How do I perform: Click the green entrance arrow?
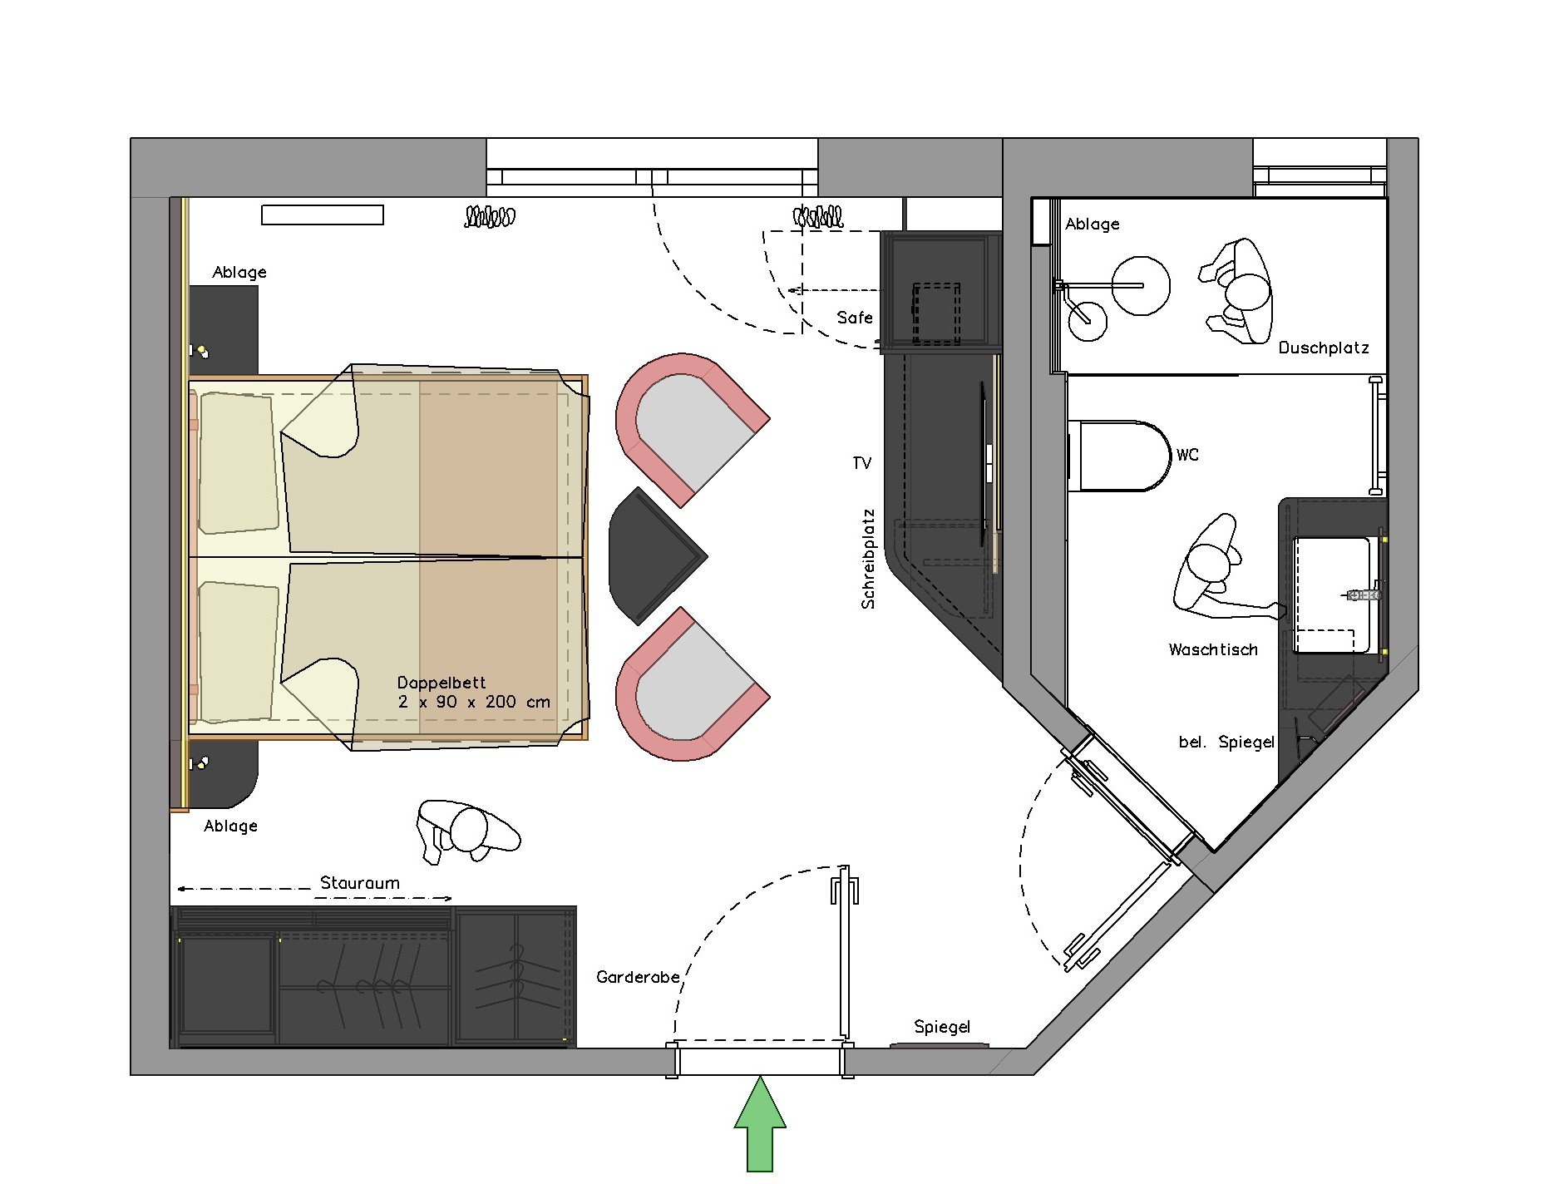pyautogui.click(x=760, y=1123)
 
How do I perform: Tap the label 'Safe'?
pyautogui.click(x=855, y=318)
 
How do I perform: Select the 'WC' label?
pyautogui.click(x=1187, y=455)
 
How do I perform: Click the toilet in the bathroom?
pyautogui.click(x=1119, y=456)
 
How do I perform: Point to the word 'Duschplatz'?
pyautogui.click(x=1324, y=348)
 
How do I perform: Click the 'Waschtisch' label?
pyautogui.click(x=1213, y=649)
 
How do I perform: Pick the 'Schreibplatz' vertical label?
pyautogui.click(x=868, y=559)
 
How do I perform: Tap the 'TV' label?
pyautogui.click(x=862, y=463)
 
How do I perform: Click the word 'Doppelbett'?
pyautogui.click(x=442, y=683)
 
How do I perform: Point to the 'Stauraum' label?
pyautogui.click(x=360, y=883)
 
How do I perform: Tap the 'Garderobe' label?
pyautogui.click(x=638, y=977)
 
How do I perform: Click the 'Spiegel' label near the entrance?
pyautogui.click(x=942, y=1027)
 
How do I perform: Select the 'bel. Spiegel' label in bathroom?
pyautogui.click(x=1226, y=742)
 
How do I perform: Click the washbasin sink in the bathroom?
pyautogui.click(x=1333, y=594)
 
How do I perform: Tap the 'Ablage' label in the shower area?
pyautogui.click(x=1093, y=224)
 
